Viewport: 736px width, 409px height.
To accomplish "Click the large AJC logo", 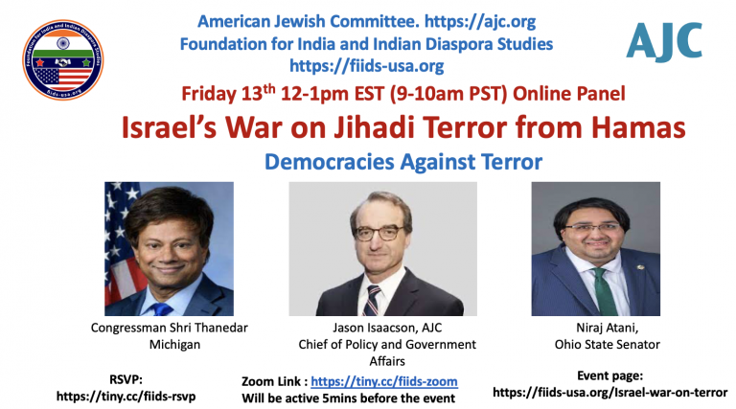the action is click(664, 42).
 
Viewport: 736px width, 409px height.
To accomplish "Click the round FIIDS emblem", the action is click(63, 59).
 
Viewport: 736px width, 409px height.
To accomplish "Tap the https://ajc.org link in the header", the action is click(480, 21).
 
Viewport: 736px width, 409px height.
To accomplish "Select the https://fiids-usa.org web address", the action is click(367, 65).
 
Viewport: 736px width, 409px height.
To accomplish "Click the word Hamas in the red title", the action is click(638, 127).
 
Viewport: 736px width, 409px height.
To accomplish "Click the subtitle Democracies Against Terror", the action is click(403, 162).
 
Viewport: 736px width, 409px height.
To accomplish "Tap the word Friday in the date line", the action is click(209, 93).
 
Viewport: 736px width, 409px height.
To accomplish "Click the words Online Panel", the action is click(569, 93).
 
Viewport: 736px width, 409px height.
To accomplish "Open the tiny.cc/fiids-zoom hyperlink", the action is click(384, 381).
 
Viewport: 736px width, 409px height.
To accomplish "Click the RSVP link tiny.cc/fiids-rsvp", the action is click(126, 397).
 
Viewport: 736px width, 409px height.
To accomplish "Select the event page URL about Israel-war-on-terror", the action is click(609, 392).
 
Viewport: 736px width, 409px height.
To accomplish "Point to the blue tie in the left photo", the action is click(161, 309).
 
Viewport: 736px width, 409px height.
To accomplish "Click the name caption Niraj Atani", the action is click(607, 328).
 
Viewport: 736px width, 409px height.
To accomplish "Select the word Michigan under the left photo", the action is click(174, 344).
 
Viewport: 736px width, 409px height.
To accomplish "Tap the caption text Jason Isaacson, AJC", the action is click(387, 328).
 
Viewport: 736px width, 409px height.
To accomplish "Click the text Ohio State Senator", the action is click(607, 344).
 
